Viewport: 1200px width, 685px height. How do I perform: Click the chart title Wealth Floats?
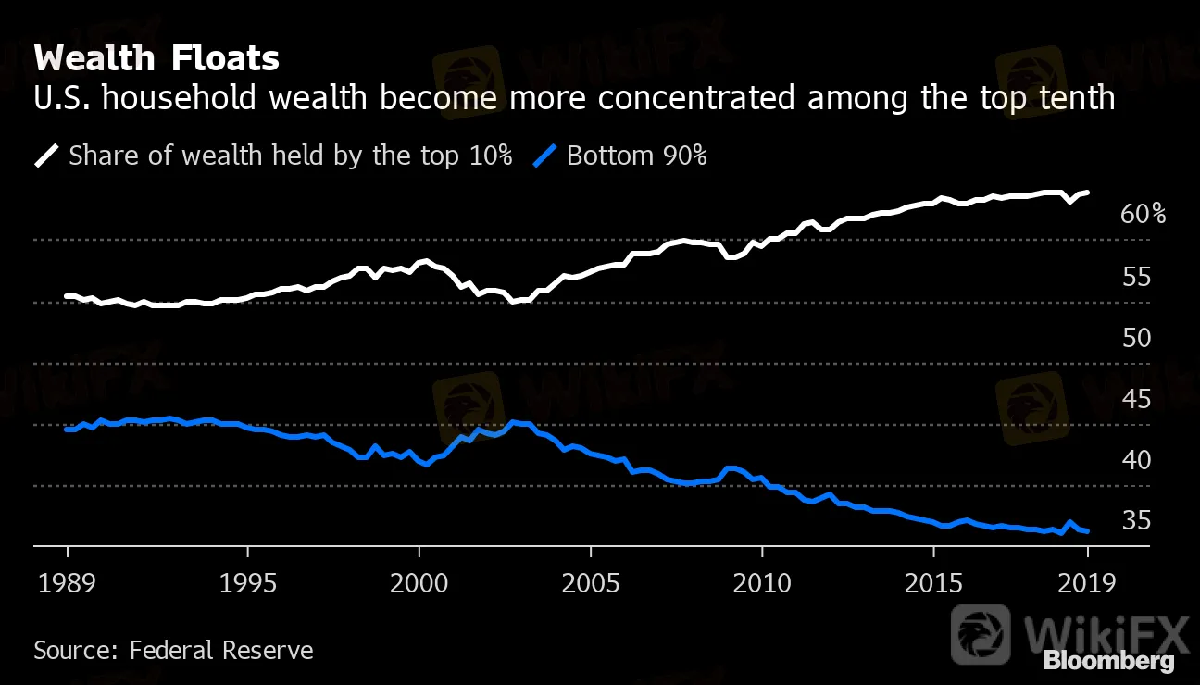[156, 59]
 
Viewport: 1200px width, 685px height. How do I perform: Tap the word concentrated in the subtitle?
[695, 98]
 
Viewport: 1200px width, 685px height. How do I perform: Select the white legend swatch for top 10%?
[46, 156]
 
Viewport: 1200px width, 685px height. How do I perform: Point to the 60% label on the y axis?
[1143, 215]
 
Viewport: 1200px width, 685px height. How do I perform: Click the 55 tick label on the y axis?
[1135, 276]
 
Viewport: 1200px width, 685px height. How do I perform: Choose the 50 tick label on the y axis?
[1135, 337]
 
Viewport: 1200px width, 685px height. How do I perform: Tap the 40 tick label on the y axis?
[1135, 459]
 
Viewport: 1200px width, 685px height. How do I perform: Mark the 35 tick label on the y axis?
[1135, 520]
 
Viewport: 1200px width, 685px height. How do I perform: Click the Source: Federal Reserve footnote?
[173, 650]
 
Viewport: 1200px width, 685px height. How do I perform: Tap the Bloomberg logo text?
[1108, 661]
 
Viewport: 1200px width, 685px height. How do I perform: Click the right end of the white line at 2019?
[1088, 193]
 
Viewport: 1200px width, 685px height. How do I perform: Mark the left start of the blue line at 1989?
[67, 430]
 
